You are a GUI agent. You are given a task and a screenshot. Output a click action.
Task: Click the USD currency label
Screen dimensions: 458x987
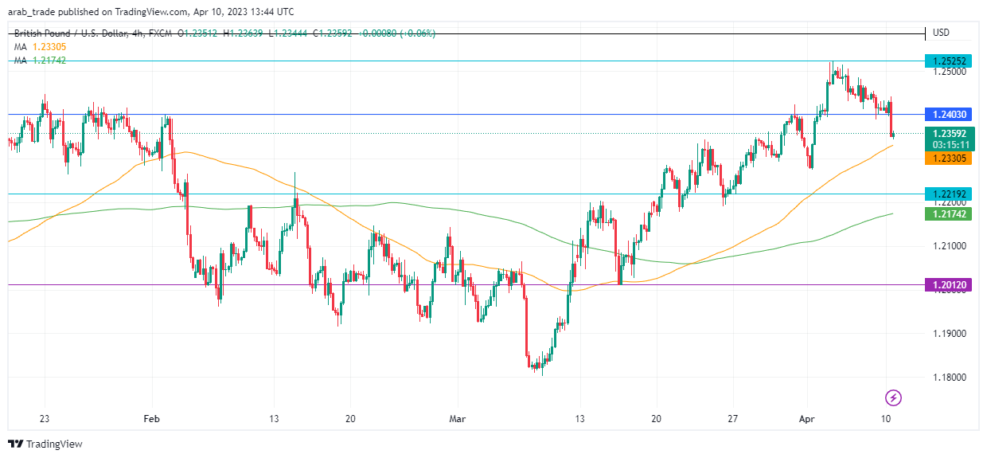pos(941,33)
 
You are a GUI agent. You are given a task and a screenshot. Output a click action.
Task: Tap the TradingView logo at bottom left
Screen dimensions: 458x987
pos(45,444)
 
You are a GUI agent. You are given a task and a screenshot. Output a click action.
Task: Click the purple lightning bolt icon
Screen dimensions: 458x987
pos(893,397)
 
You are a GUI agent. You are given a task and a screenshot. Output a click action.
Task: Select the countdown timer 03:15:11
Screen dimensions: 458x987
pos(950,145)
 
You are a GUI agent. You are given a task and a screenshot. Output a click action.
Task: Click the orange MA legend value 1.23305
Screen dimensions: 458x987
pos(49,47)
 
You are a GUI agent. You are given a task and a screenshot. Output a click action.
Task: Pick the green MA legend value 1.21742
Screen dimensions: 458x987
pos(49,61)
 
